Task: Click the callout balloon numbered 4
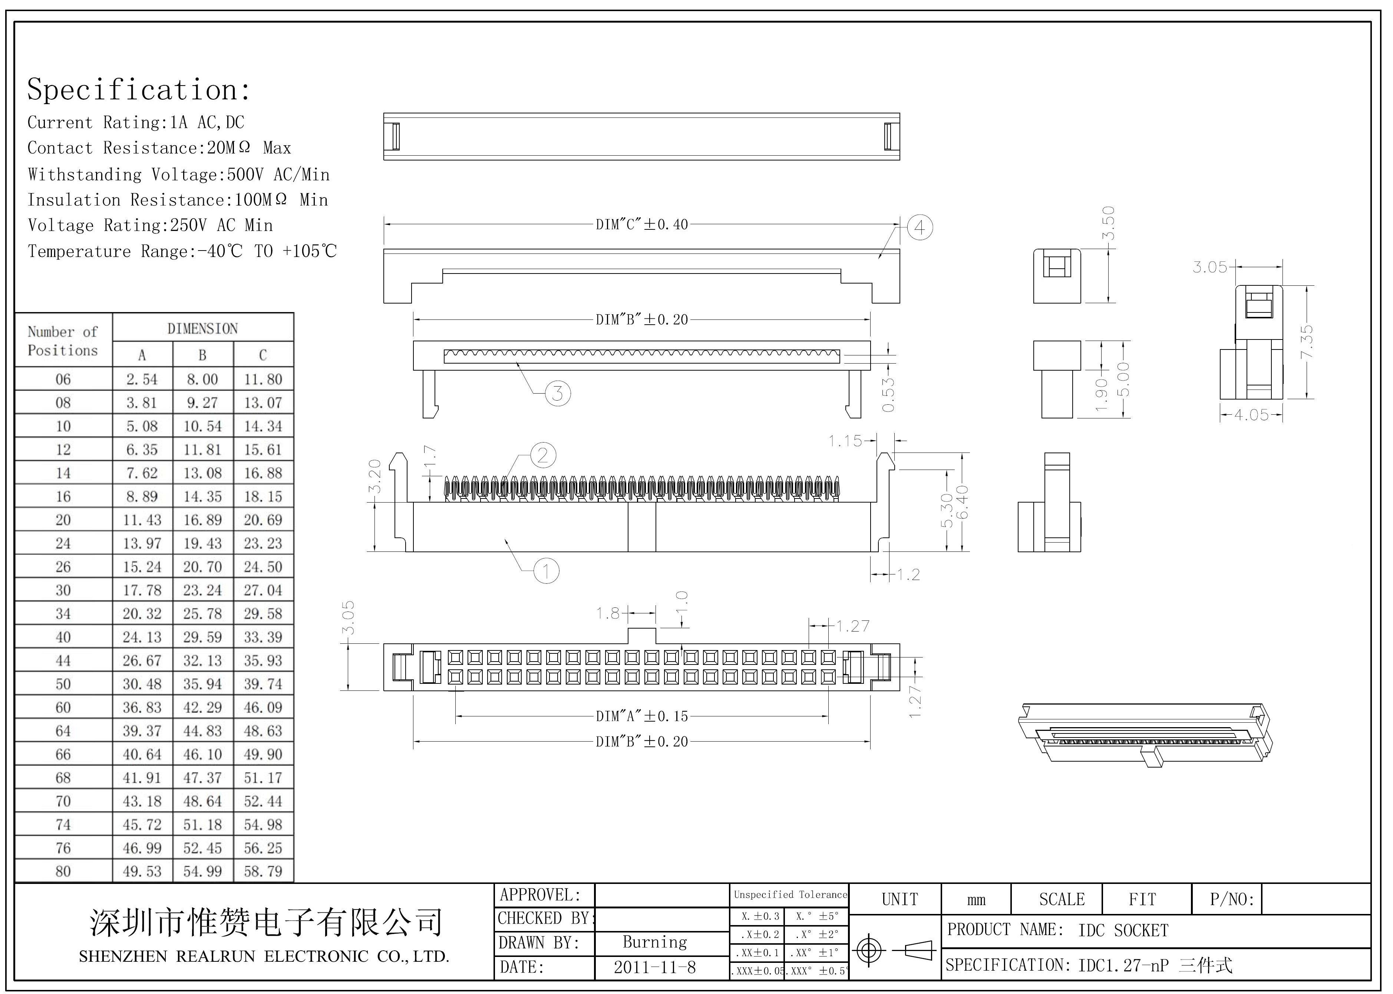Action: coord(919,228)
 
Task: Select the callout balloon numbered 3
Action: coord(557,393)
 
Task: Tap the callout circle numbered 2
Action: coord(542,455)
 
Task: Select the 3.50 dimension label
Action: coord(1108,223)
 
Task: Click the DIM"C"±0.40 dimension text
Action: coord(642,225)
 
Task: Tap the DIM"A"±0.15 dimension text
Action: coord(642,716)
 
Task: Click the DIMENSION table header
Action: coord(203,329)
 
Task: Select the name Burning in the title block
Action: coord(654,942)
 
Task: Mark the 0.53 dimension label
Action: coord(888,394)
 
